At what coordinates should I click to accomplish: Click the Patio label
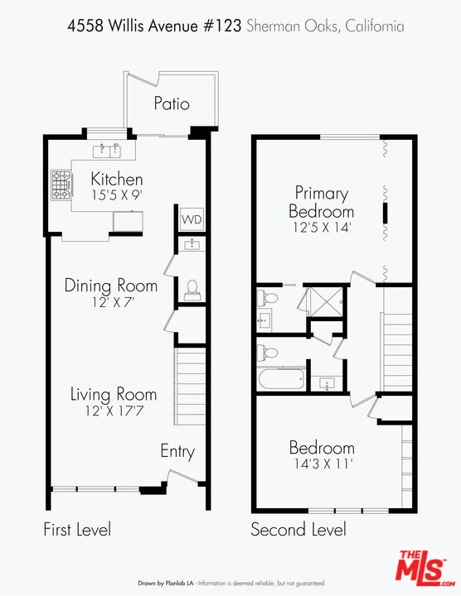172,103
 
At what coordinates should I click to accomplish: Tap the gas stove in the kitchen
61,185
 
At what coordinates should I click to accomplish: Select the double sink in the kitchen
107,151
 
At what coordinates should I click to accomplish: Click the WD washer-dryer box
192,219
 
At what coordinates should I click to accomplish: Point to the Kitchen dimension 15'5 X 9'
117,195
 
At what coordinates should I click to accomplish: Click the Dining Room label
111,286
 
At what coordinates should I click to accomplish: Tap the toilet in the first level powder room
192,291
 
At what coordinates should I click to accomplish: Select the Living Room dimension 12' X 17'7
114,411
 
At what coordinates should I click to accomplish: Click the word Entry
177,452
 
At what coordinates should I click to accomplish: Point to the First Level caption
77,530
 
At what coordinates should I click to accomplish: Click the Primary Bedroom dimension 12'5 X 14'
322,228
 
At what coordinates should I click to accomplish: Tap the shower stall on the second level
327,302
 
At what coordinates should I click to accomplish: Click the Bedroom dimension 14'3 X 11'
322,464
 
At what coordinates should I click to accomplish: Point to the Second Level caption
298,530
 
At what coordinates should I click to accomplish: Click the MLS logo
425,567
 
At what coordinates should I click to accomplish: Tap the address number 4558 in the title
85,26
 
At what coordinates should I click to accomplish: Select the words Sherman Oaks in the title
293,26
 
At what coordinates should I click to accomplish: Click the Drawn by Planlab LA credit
166,583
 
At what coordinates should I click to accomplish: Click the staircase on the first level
190,386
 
